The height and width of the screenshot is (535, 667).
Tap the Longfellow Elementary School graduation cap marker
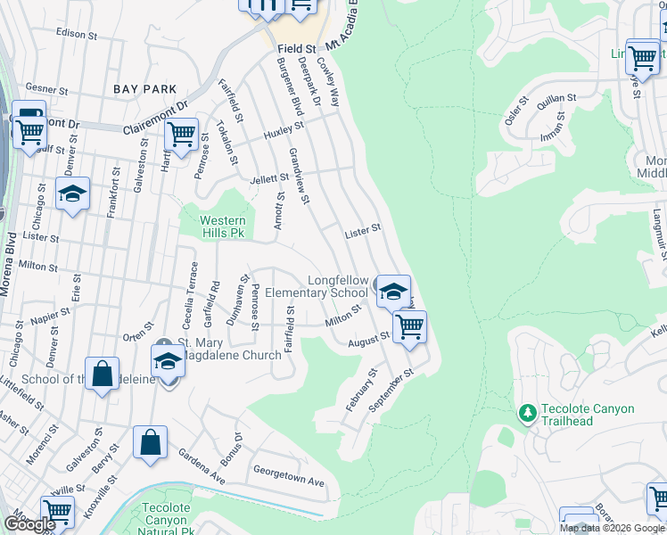pyautogui.click(x=392, y=292)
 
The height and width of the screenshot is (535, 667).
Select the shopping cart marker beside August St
pyautogui.click(x=409, y=326)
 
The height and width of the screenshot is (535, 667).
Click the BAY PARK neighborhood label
pyautogui.click(x=145, y=89)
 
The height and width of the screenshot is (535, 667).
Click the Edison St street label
pyautogui.click(x=76, y=34)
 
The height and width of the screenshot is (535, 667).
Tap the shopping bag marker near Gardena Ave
pyautogui.click(x=150, y=442)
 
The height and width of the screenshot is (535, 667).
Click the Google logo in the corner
pyautogui.click(x=29, y=524)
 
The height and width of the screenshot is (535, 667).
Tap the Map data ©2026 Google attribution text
pyautogui.click(x=612, y=528)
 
